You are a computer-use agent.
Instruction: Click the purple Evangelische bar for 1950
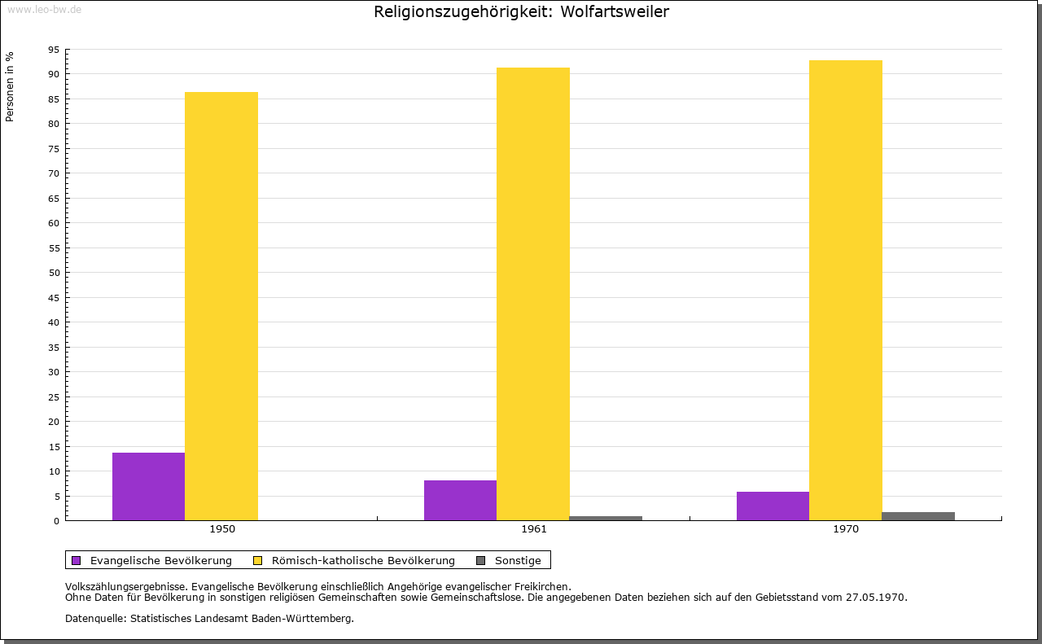click(148, 486)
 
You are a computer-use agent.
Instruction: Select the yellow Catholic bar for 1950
click(221, 306)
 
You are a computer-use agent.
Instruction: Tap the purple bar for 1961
click(460, 500)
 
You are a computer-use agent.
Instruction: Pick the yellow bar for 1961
click(533, 294)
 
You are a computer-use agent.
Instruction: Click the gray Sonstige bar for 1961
click(606, 519)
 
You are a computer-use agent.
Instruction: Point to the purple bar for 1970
click(773, 506)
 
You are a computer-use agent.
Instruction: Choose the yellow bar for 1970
click(846, 291)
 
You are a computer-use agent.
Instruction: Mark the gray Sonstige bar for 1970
click(918, 516)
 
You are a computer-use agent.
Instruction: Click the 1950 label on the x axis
click(222, 529)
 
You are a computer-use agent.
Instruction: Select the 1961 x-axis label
click(534, 529)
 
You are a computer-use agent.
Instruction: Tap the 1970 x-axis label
click(846, 529)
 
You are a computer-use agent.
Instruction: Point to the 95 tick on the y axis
click(54, 50)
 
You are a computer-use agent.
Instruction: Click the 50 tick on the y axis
click(54, 273)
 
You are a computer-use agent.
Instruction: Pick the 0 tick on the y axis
click(57, 521)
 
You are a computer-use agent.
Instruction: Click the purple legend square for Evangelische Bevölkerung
click(77, 561)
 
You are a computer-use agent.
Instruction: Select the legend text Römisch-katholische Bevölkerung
click(363, 561)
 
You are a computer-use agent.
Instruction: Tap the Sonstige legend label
click(518, 561)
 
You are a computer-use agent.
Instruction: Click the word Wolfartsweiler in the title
click(615, 11)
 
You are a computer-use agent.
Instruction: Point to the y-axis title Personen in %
click(9, 86)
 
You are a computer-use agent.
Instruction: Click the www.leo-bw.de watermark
click(44, 9)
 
